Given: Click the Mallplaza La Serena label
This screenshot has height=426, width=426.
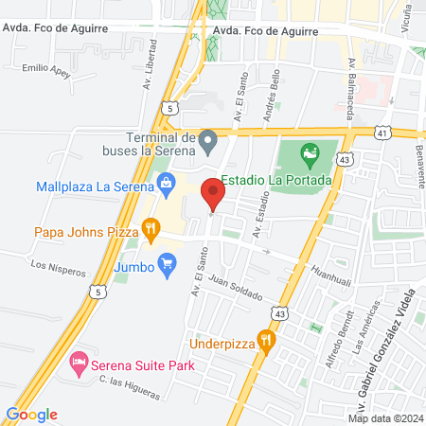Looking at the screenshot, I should [x=95, y=186].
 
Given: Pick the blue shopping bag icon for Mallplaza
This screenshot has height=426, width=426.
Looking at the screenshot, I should [x=167, y=182].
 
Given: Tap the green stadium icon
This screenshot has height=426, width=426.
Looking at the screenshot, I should [x=308, y=151].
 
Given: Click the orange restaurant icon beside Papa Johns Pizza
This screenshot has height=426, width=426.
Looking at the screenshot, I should [x=150, y=227].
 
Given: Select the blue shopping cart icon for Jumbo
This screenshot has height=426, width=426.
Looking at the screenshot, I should [x=169, y=260].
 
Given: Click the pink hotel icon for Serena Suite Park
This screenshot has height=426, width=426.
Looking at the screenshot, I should [x=80, y=363].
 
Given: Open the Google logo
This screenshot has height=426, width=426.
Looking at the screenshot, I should [x=32, y=415].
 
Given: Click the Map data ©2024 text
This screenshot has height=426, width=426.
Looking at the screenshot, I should [x=383, y=418].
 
